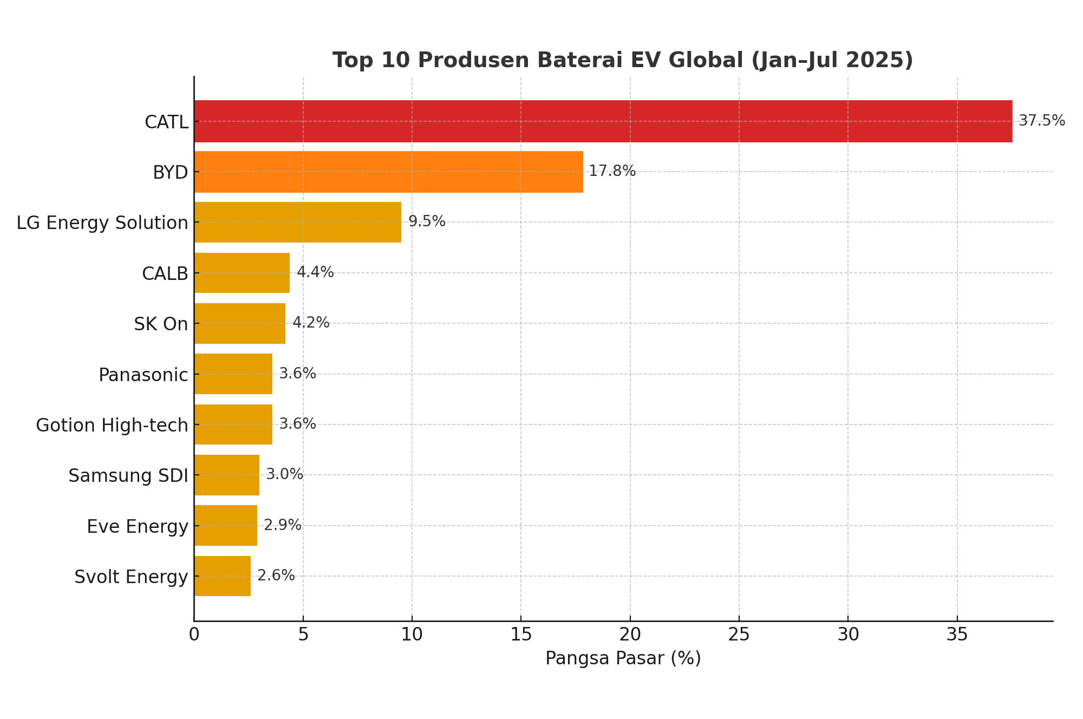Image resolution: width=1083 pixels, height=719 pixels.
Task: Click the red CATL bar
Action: point(603,121)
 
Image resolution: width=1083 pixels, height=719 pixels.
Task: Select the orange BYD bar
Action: point(388,172)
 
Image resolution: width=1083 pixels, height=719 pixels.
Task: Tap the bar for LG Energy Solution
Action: point(298,222)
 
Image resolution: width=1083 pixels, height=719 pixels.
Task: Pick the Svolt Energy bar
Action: point(223,576)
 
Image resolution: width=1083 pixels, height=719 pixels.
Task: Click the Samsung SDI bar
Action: point(227,475)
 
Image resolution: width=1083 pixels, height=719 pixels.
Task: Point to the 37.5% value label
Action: point(1042,121)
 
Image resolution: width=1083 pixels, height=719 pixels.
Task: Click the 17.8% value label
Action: point(612,171)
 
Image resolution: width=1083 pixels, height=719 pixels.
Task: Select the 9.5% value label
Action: point(427,221)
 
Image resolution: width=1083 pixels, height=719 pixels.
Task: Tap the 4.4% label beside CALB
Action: point(315,272)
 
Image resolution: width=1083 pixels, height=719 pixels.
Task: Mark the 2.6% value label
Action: point(276,575)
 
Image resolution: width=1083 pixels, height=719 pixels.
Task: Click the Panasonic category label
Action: point(143,375)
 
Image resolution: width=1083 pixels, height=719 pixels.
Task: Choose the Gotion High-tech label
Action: point(112,425)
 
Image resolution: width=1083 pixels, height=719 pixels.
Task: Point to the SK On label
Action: point(161,324)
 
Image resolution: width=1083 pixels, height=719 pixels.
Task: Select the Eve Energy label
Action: point(138,526)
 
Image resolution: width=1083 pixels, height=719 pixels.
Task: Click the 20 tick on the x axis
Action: point(630,635)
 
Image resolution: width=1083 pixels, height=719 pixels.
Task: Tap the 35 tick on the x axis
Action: point(957,635)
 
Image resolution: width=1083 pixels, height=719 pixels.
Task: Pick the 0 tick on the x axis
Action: point(194,635)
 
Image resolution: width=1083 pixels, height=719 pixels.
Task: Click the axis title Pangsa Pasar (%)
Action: point(623,658)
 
